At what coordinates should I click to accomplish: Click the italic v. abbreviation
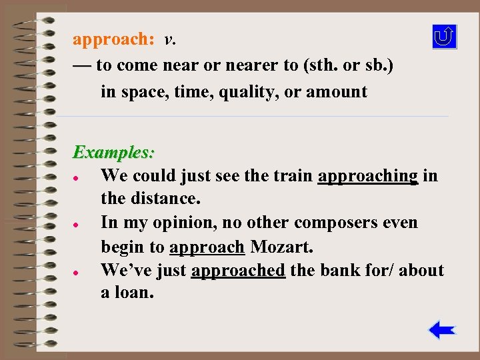pos(170,40)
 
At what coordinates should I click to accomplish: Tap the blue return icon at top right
pos(444,37)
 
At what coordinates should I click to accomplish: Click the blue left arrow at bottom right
pos(441,330)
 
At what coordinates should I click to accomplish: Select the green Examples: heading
pos(113,153)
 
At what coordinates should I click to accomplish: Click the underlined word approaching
pos(368,176)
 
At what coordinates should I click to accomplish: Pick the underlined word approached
pos(238,271)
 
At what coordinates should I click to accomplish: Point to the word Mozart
pos(281,247)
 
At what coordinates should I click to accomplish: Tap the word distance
pos(167,199)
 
